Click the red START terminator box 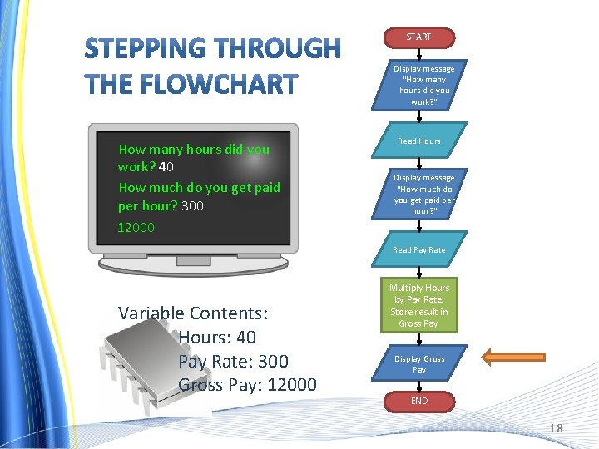click(x=418, y=37)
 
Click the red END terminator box click(x=418, y=401)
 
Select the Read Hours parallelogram click(x=418, y=141)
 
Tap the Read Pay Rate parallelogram click(x=418, y=249)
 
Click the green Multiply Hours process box click(x=418, y=306)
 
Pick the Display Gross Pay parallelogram click(x=418, y=364)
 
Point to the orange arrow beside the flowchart click(x=514, y=358)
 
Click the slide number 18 click(x=556, y=428)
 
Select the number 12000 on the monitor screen click(x=136, y=227)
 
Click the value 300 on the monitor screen click(x=191, y=205)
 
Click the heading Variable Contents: click(x=193, y=313)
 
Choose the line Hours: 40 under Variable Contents click(x=217, y=338)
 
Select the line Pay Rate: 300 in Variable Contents click(x=233, y=361)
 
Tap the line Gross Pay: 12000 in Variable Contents click(x=247, y=384)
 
